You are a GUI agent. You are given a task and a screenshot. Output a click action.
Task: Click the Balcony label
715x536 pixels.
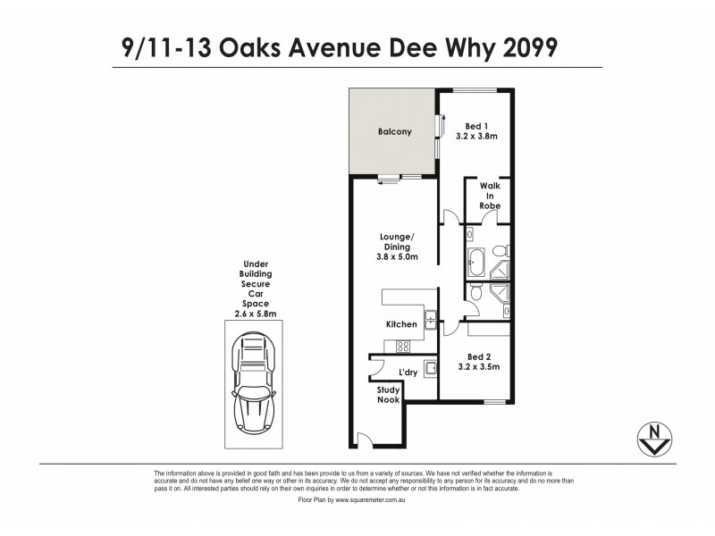393,132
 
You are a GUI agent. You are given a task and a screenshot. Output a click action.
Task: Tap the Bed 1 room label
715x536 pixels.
476,125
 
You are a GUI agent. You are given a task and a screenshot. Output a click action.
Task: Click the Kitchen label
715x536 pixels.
401,324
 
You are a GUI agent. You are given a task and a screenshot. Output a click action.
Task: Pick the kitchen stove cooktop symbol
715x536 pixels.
403,347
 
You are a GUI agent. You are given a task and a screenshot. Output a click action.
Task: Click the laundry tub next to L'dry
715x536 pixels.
429,367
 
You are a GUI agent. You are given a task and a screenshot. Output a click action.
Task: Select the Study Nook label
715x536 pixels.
388,394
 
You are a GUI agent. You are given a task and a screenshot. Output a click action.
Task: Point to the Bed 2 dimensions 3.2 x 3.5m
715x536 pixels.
478,367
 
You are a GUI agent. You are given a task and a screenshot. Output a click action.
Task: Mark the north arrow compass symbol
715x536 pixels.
656,438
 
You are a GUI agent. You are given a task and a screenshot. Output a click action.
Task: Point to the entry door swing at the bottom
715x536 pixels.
361,438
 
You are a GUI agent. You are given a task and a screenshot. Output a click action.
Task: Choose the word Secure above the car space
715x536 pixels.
256,283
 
